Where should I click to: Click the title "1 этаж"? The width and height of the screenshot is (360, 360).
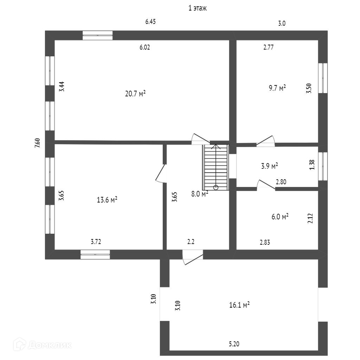click(197, 8)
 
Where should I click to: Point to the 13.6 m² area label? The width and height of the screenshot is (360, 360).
click(107, 200)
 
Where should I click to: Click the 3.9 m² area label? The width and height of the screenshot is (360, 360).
click(270, 166)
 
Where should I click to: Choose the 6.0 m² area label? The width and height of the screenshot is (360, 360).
click(280, 217)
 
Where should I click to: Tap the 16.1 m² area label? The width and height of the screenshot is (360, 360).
click(239, 305)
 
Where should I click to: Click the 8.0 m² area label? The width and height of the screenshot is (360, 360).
click(199, 194)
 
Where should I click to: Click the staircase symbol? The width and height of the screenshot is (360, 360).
click(216, 167)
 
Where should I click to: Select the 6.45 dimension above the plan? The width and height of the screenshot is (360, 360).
click(150, 22)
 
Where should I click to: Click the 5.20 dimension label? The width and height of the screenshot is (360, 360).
click(234, 344)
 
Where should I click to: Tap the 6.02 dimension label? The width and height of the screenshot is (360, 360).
click(144, 48)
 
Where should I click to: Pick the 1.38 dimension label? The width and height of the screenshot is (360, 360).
click(311, 165)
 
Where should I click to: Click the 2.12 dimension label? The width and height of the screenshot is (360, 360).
click(310, 219)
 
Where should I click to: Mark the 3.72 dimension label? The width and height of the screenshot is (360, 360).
click(96, 242)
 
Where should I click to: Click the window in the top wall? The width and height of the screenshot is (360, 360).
click(97, 35)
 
